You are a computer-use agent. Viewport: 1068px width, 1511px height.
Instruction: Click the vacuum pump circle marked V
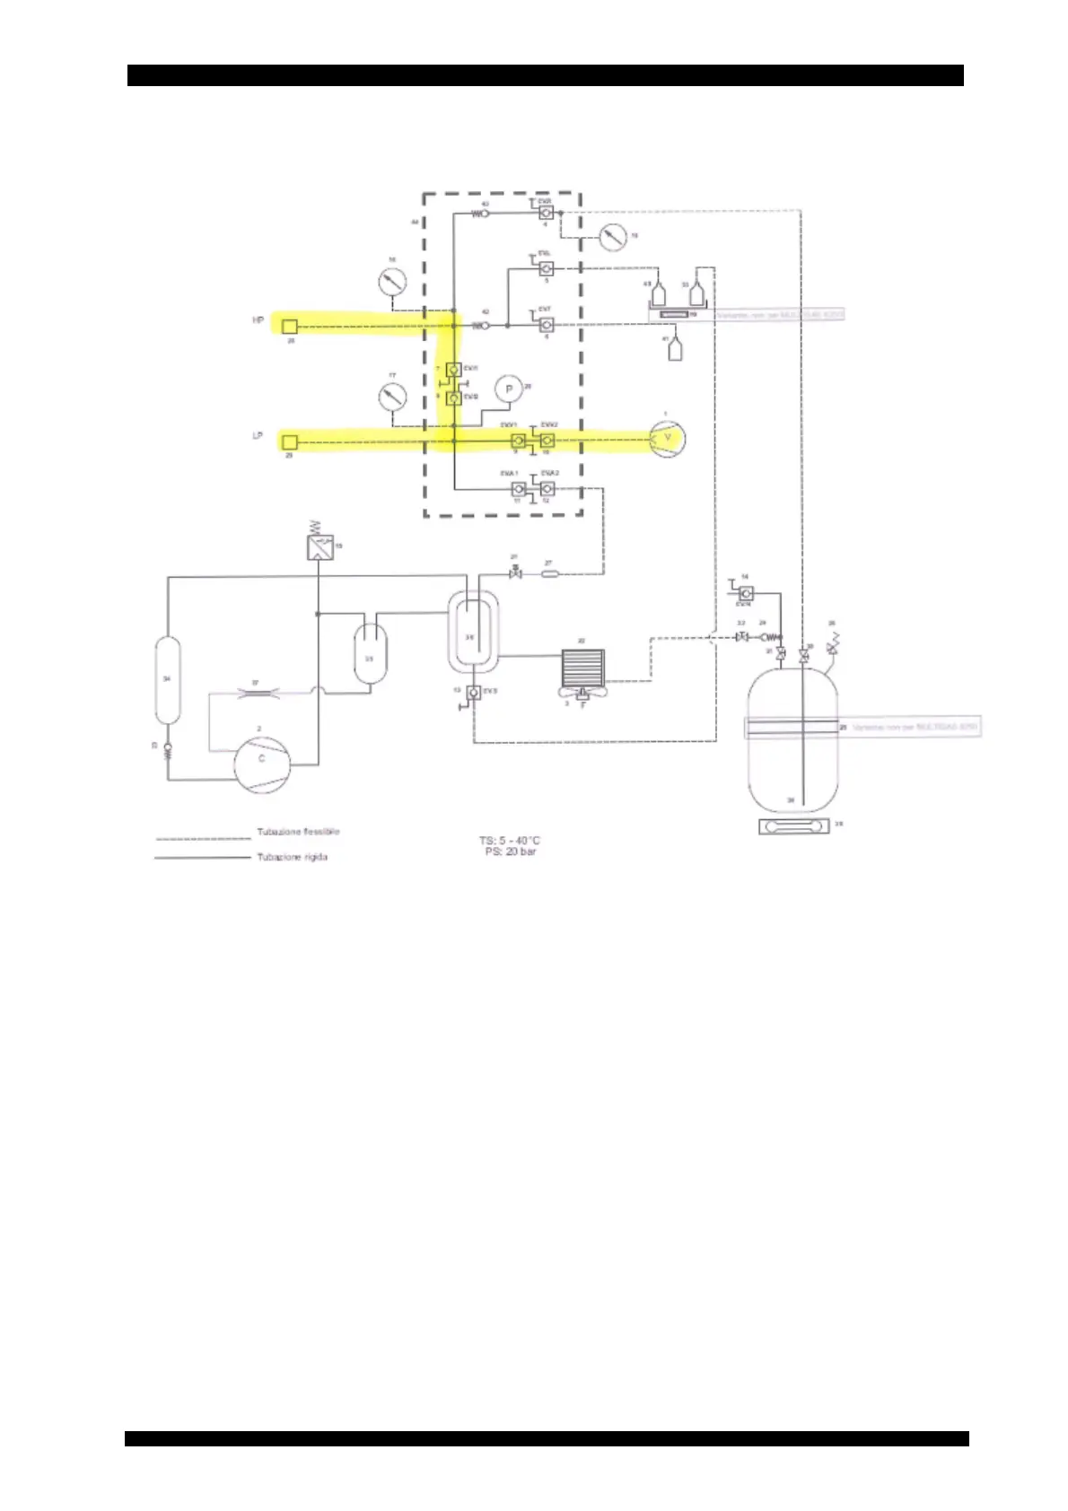(x=666, y=437)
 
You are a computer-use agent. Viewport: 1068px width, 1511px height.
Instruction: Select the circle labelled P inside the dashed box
(x=509, y=389)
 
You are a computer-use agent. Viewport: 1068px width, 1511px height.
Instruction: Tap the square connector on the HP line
(x=290, y=325)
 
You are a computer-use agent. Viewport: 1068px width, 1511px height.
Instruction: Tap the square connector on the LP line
(x=289, y=441)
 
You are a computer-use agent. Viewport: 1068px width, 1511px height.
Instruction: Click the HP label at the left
(x=258, y=319)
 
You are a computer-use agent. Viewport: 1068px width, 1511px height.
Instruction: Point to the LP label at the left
(x=258, y=437)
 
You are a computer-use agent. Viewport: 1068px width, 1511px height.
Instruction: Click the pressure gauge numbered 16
(x=391, y=282)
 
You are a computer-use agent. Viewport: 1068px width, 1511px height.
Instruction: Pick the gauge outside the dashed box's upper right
(x=614, y=239)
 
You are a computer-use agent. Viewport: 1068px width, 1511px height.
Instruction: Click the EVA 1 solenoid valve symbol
(x=518, y=489)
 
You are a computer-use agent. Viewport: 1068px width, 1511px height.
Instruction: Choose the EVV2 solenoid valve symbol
(x=547, y=441)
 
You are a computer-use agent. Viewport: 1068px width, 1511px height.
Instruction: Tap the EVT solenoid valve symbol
(x=546, y=324)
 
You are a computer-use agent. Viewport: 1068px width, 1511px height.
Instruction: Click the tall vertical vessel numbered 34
(x=167, y=680)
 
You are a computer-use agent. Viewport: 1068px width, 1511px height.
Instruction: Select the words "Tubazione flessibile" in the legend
(x=298, y=832)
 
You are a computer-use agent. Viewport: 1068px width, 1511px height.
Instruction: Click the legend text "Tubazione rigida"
(x=292, y=857)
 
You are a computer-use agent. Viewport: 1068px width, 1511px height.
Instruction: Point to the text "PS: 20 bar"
(x=510, y=852)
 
